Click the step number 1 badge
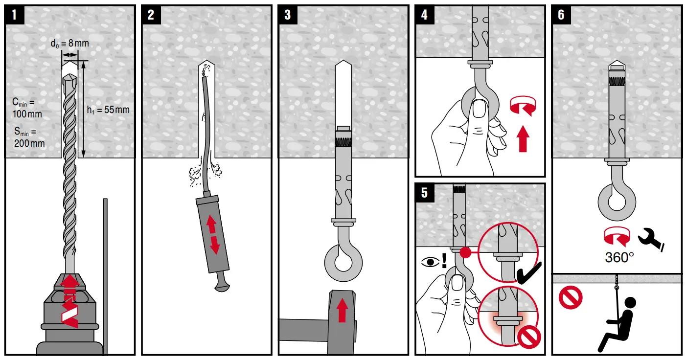(x=14, y=15)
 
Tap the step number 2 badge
(x=151, y=15)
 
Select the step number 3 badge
(x=287, y=15)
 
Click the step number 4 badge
(x=424, y=15)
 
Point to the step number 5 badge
(x=424, y=193)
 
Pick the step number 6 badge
(x=561, y=15)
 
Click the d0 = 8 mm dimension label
(x=70, y=44)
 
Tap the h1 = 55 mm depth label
(x=108, y=110)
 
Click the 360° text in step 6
(x=619, y=258)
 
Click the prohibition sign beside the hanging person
(x=570, y=298)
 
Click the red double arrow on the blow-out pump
(x=213, y=234)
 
